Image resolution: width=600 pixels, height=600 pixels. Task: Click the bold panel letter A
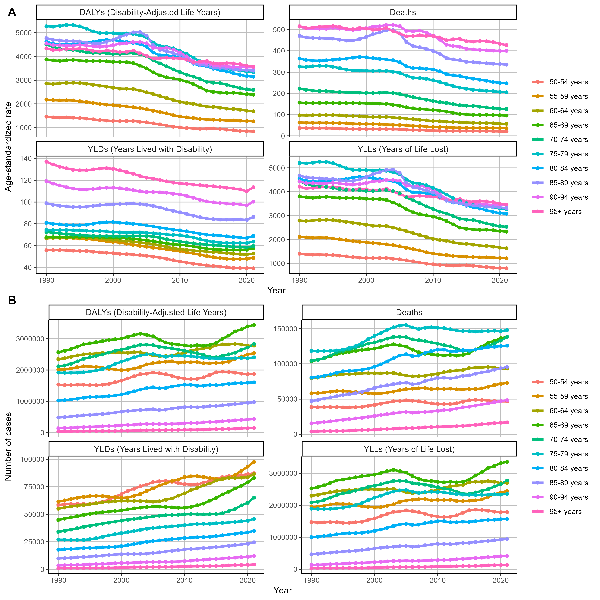pos(12,12)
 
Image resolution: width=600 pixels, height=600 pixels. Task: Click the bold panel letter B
pos(12,300)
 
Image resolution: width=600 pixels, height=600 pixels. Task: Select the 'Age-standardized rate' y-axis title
pos(8,147)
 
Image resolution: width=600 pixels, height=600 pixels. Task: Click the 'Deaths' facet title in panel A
pos(403,12)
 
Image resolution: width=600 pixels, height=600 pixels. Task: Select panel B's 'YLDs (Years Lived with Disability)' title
pos(156,449)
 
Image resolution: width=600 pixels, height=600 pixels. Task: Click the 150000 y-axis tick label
pos(285,329)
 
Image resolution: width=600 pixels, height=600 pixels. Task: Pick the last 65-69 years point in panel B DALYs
pos(254,325)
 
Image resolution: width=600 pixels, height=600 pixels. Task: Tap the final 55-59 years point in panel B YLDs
pos(254,462)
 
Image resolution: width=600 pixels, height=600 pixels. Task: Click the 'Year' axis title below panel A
pos(276,290)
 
